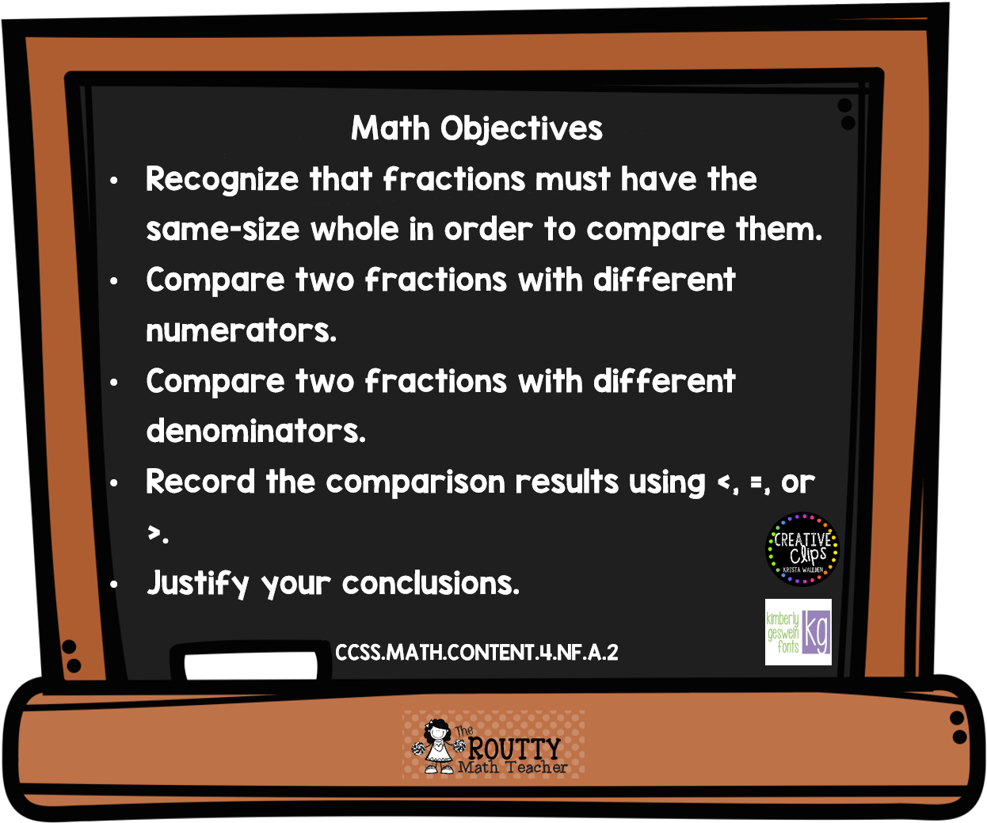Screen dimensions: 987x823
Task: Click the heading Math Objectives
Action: (x=477, y=128)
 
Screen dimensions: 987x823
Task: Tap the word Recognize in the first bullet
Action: (x=222, y=180)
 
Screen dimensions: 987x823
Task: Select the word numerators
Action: (x=241, y=330)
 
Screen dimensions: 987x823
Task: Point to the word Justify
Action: (x=197, y=583)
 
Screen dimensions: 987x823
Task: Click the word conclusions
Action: (x=431, y=583)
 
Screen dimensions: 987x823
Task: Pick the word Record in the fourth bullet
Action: (x=200, y=482)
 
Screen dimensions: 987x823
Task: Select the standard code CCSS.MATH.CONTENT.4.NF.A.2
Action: (x=477, y=653)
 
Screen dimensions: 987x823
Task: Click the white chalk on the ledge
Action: (x=250, y=665)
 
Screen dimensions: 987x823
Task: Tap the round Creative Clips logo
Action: (x=802, y=549)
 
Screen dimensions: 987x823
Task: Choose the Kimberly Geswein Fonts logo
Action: (x=798, y=632)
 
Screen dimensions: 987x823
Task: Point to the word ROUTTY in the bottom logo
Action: (x=514, y=748)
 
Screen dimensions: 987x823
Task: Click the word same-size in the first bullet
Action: (x=223, y=230)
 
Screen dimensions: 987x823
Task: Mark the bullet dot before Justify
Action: (x=113, y=585)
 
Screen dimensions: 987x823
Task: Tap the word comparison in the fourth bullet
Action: (x=416, y=483)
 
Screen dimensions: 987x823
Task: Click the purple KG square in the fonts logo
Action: (x=817, y=632)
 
